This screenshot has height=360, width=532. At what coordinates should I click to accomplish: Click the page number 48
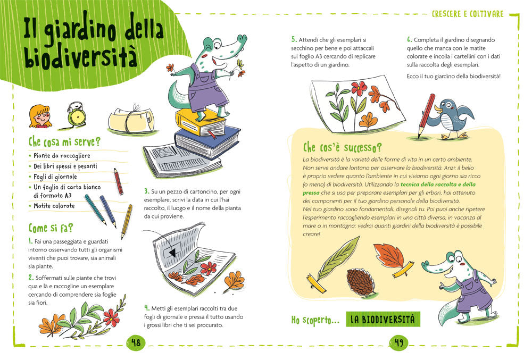pyautogui.click(x=136, y=342)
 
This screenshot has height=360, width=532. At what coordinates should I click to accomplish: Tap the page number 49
pyautogui.click(x=398, y=342)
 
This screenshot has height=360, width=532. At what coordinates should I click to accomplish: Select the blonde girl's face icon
pyautogui.click(x=40, y=116)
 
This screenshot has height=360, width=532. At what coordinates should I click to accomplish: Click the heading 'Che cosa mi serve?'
pyautogui.click(x=64, y=141)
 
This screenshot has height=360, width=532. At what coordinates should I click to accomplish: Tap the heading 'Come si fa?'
pyautogui.click(x=51, y=228)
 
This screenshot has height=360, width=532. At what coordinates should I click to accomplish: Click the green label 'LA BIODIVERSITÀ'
pyautogui.click(x=383, y=319)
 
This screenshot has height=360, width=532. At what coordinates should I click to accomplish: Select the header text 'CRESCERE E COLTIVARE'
pyautogui.click(x=468, y=14)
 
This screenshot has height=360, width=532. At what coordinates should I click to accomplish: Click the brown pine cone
pyautogui.click(x=361, y=281)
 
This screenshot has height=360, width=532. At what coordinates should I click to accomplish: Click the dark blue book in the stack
pyautogui.click(x=206, y=141)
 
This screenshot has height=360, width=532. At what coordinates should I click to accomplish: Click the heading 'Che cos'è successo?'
pyautogui.click(x=342, y=147)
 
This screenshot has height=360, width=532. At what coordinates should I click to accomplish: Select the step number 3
pyautogui.click(x=146, y=191)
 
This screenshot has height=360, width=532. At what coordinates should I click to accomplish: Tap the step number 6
pyautogui.click(x=409, y=39)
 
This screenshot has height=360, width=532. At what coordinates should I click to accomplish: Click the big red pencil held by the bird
pyautogui.click(x=427, y=115)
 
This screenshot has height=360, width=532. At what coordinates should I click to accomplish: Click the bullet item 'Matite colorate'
pyautogui.click(x=54, y=206)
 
